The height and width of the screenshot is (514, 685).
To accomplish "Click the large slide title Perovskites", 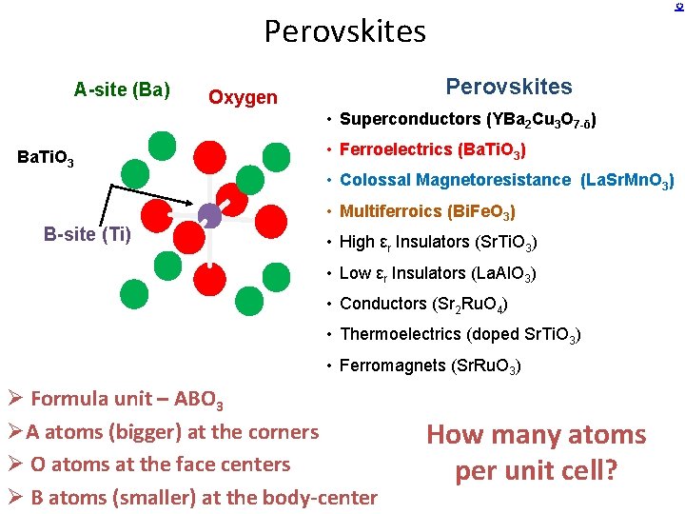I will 344,31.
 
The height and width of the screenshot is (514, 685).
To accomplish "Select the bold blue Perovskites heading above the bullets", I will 509,87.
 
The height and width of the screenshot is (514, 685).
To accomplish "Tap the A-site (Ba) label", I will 122,90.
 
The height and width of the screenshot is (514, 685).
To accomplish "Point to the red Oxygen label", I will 243,97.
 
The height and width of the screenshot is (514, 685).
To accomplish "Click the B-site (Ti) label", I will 88,234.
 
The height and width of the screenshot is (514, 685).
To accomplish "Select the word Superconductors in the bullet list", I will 409,119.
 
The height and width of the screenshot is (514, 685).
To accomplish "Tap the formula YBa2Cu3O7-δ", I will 541,120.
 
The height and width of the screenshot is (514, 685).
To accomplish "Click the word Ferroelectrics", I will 396,149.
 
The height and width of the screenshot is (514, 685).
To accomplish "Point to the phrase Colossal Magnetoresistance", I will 456,180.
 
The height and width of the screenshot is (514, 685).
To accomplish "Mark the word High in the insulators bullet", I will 357,242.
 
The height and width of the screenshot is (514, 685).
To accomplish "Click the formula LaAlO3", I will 503,274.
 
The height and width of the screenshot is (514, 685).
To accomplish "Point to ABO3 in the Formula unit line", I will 196,400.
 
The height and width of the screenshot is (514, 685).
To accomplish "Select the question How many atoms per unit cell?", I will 536,453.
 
